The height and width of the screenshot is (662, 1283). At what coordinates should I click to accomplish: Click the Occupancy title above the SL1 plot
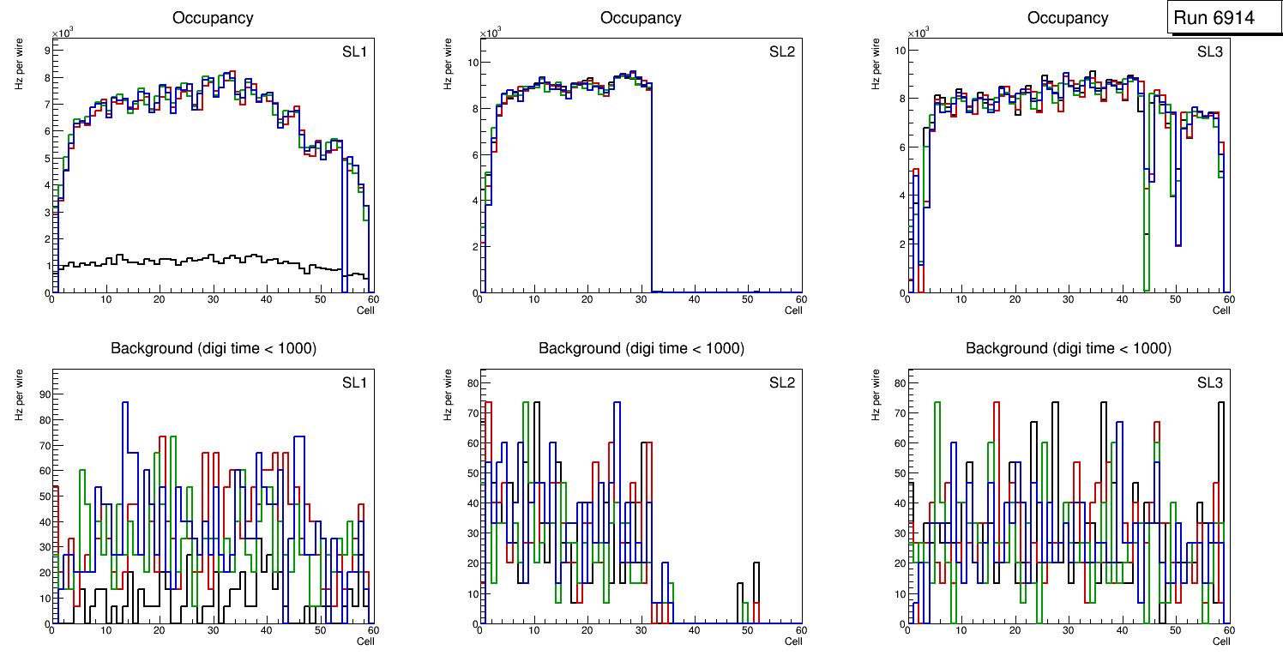tap(213, 18)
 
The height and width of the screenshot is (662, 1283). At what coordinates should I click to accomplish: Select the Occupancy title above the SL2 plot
tap(641, 18)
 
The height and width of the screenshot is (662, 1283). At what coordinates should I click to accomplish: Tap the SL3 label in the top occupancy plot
tap(1210, 52)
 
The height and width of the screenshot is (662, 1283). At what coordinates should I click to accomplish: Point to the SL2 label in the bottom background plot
tap(782, 382)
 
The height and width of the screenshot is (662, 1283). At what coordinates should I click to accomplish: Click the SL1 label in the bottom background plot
tap(354, 382)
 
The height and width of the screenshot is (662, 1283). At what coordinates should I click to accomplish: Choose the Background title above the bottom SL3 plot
tap(1069, 348)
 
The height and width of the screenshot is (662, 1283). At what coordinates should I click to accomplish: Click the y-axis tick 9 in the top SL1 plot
tap(45, 51)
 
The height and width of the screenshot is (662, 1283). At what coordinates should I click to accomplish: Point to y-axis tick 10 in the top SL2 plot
tap(471, 63)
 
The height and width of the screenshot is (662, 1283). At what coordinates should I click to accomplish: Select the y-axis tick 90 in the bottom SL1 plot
tap(43, 395)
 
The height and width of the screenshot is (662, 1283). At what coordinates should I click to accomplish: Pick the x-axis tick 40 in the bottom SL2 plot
tap(694, 631)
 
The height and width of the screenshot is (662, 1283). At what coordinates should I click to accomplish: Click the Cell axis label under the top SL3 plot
tap(1221, 310)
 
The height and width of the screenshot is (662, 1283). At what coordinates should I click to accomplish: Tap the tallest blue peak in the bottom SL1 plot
tap(125, 402)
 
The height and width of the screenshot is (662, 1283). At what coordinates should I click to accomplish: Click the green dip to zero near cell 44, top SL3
tap(1146, 288)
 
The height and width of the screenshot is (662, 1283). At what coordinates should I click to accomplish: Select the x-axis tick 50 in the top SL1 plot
tap(320, 299)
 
